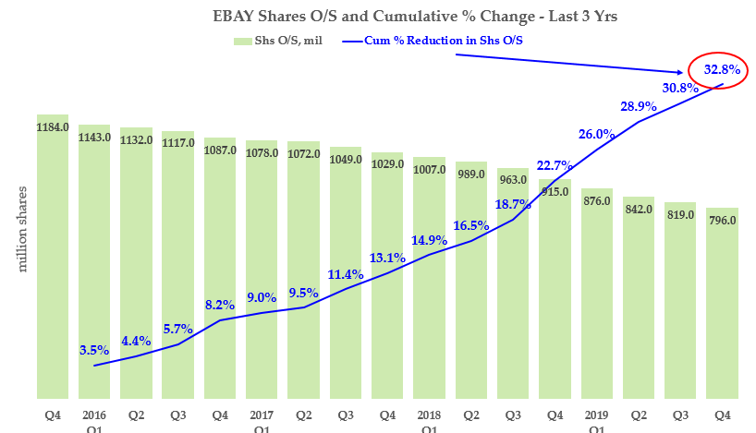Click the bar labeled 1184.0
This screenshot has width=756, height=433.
(x=52, y=259)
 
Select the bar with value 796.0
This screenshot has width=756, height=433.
(x=721, y=305)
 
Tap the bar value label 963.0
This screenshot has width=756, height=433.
(x=512, y=180)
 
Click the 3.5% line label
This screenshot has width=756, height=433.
(x=94, y=350)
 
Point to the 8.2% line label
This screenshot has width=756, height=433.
(x=220, y=304)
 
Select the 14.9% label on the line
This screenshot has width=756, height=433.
(x=429, y=240)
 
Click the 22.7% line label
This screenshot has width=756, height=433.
(x=555, y=165)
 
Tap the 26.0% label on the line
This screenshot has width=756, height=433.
(x=596, y=134)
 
